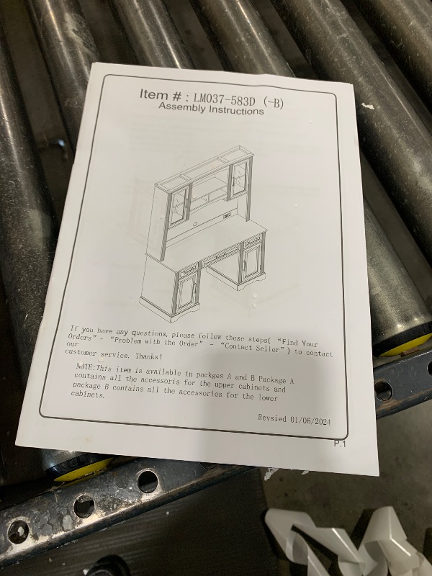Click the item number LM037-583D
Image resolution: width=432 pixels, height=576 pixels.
tap(224, 99)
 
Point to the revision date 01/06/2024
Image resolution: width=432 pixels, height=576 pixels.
tap(310, 420)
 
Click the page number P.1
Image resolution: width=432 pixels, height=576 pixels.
tap(340, 444)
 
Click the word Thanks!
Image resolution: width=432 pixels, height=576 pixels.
tap(149, 356)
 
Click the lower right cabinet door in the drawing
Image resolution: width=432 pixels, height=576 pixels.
tap(252, 261)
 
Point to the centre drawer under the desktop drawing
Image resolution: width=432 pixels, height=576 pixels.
tap(220, 256)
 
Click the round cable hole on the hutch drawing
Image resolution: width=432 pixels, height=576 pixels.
tap(195, 223)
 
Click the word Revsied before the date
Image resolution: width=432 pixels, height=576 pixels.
tap(272, 418)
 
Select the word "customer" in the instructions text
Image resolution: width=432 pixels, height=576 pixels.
tap(81, 353)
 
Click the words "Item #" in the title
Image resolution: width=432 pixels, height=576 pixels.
tap(160, 95)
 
